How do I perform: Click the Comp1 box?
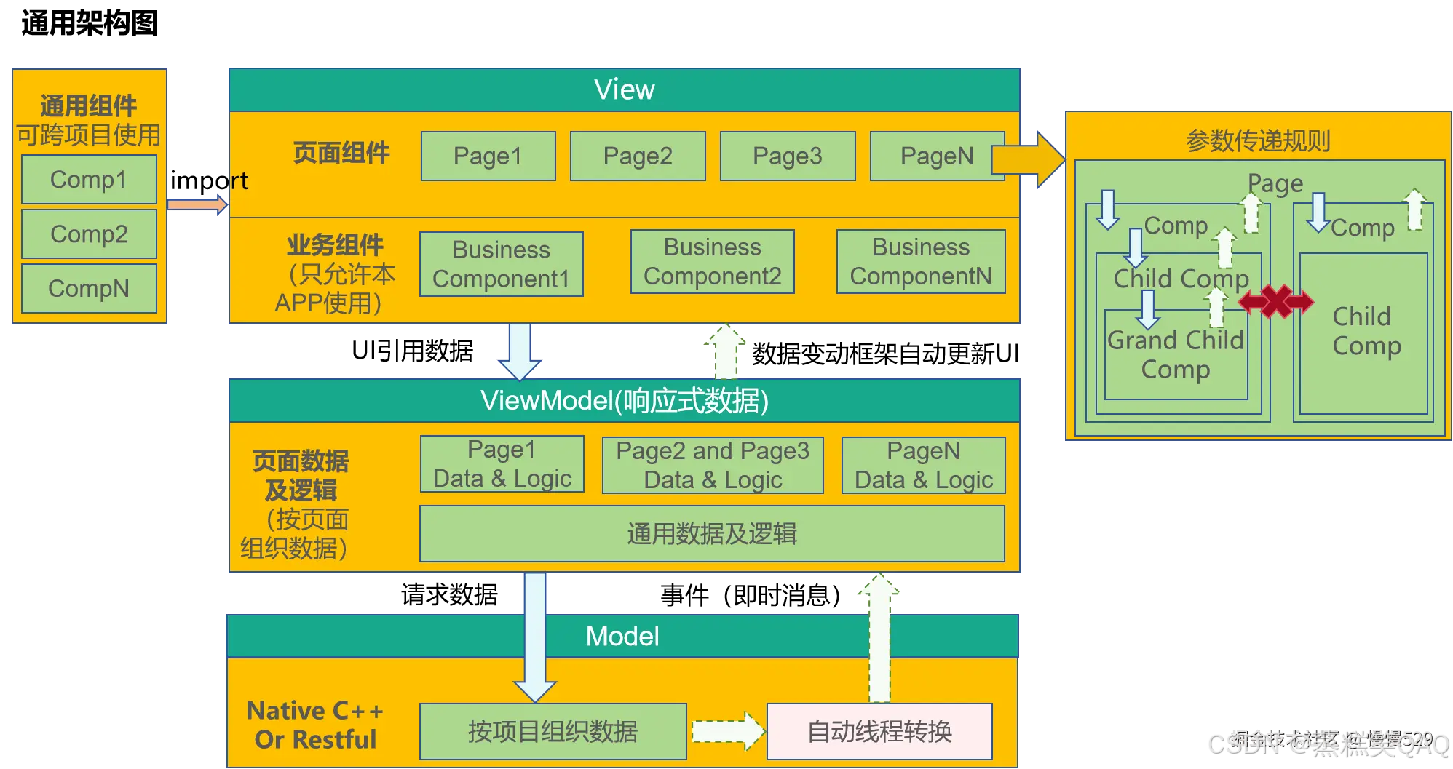89,179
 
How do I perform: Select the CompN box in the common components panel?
89,289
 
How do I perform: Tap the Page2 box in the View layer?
638,156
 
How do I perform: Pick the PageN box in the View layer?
936,156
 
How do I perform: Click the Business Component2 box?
712,262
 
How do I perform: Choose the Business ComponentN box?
921,262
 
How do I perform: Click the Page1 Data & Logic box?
502,464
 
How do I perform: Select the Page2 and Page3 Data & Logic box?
713,466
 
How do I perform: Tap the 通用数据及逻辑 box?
712,533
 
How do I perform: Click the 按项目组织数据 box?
553,731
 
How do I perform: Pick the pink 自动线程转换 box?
879,731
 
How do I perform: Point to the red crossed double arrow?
1276,301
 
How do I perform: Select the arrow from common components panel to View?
197,204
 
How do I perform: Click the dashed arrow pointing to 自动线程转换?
726,731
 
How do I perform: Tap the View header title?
624,90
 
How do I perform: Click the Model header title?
622,637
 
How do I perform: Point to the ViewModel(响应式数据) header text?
624,401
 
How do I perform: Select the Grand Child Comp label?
1176,354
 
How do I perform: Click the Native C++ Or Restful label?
315,725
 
